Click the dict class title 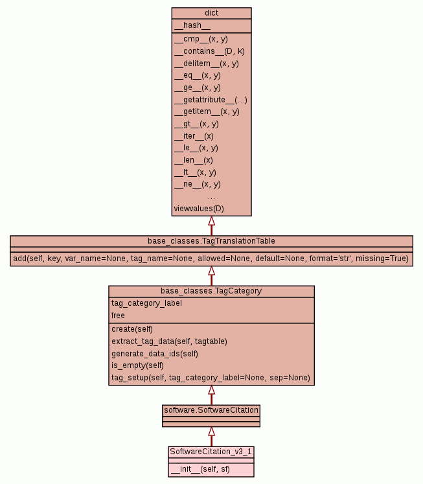coord(211,12)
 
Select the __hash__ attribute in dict coord(192,25)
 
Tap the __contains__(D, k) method coord(209,51)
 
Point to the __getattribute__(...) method coord(211,100)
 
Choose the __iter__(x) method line coord(194,136)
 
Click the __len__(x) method coord(193,160)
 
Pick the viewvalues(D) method coord(199,209)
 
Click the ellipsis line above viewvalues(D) coord(211,196)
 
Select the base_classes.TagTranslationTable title coord(211,241)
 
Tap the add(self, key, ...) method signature coord(211,259)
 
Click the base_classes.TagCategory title coord(211,291)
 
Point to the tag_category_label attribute coord(146,303)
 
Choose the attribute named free coord(118,316)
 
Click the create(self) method coord(132,329)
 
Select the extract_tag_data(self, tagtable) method coord(169,341)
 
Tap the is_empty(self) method coord(138,365)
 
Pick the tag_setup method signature coord(211,378)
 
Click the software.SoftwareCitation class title coord(211,410)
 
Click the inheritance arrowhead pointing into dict coord(211,221)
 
